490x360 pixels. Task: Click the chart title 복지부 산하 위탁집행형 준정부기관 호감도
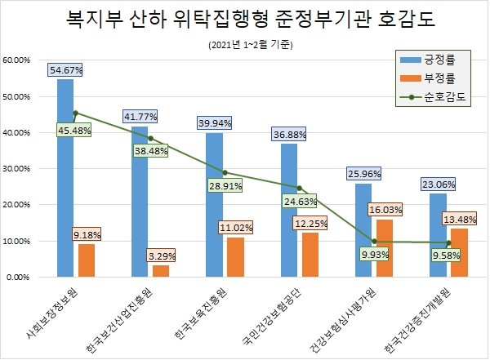point(244,19)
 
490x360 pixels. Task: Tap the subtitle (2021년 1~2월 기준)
point(244,43)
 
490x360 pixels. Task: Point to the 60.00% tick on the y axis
point(18,60)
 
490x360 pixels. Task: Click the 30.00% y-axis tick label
point(18,169)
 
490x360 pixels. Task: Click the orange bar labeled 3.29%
point(161,271)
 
